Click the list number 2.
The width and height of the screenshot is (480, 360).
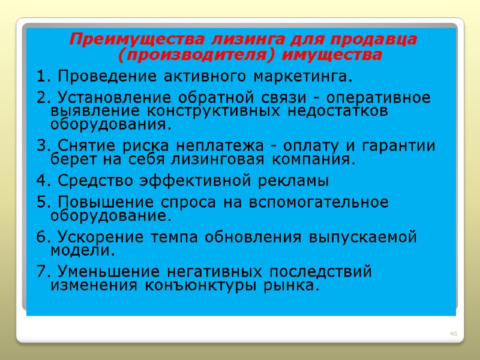pos(41,98)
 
